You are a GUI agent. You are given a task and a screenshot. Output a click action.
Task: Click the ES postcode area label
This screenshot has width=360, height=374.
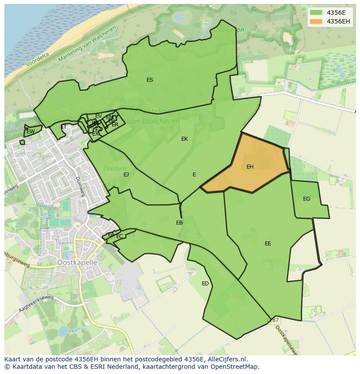[x=150, y=80]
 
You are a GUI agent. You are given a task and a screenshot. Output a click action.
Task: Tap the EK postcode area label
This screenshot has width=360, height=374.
[x=184, y=139]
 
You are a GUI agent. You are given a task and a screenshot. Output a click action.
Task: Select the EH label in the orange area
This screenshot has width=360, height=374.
[x=250, y=167]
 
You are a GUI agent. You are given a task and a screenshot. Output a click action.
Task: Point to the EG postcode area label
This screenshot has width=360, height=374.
[x=307, y=199]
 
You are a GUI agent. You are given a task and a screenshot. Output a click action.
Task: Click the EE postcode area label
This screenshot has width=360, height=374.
[x=268, y=244]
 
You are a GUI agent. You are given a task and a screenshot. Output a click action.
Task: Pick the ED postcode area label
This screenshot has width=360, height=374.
[x=205, y=284]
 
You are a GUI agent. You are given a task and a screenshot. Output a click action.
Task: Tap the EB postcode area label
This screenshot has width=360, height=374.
[x=179, y=223]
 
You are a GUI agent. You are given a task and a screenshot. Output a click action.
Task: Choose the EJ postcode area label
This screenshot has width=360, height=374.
[x=126, y=175]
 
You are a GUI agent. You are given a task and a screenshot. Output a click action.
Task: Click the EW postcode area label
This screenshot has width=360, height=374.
[x=30, y=132]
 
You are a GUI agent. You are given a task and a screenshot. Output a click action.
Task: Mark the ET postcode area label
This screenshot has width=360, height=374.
[x=64, y=127]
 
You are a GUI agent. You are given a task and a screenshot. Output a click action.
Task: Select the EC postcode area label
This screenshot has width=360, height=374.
[x=119, y=236]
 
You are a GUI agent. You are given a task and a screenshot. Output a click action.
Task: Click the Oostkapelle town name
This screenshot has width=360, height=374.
[x=77, y=263]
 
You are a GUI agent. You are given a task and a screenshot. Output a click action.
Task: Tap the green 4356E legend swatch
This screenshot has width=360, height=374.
[x=316, y=13]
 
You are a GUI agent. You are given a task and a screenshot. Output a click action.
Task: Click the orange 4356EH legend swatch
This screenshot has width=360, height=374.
[x=316, y=21]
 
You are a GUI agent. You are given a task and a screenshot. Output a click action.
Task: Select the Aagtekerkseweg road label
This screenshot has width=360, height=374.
[x=36, y=304]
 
